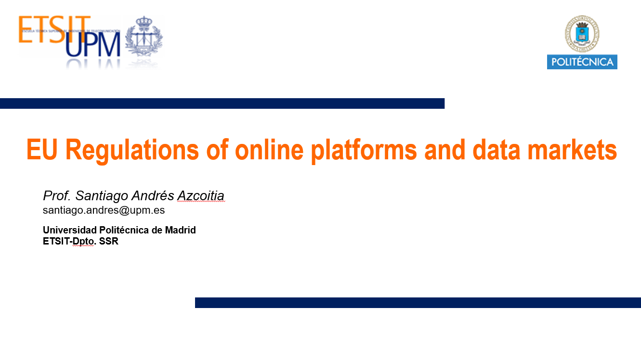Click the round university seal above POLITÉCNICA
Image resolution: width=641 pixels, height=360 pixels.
(582, 33)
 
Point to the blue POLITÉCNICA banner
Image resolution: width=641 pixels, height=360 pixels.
(582, 62)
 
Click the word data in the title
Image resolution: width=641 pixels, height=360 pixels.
(492, 150)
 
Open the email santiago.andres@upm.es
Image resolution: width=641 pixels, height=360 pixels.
(104, 210)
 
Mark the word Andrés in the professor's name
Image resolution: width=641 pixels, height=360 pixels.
(151, 196)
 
